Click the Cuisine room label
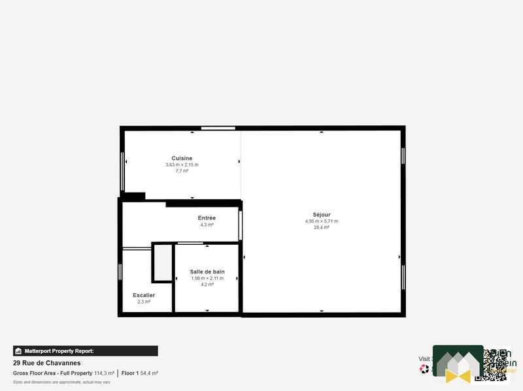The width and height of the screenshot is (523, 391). (x=182, y=158)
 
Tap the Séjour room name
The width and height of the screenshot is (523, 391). (x=322, y=214)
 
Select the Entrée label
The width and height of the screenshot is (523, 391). (x=207, y=217)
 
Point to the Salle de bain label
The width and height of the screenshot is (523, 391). (x=207, y=272)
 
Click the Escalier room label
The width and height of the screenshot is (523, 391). (x=144, y=295)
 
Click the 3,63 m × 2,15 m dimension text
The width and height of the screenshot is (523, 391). (x=182, y=165)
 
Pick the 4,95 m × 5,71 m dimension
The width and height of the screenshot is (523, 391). (x=322, y=221)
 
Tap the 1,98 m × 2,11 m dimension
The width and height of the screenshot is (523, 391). (x=207, y=278)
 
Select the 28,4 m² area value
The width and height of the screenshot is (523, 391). (x=322, y=228)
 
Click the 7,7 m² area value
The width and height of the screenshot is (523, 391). (x=182, y=172)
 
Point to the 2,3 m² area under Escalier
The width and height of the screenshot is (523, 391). (x=144, y=302)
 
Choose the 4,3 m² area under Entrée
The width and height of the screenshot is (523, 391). (x=207, y=225)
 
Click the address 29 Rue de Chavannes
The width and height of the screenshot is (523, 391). (x=47, y=363)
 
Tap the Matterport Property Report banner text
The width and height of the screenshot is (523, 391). (x=59, y=351)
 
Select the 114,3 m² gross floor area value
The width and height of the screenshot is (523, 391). (x=104, y=373)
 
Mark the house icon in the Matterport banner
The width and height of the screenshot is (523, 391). (x=19, y=351)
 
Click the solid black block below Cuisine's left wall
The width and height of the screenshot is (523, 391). (x=133, y=196)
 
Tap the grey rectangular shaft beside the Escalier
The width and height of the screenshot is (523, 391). (x=162, y=262)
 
